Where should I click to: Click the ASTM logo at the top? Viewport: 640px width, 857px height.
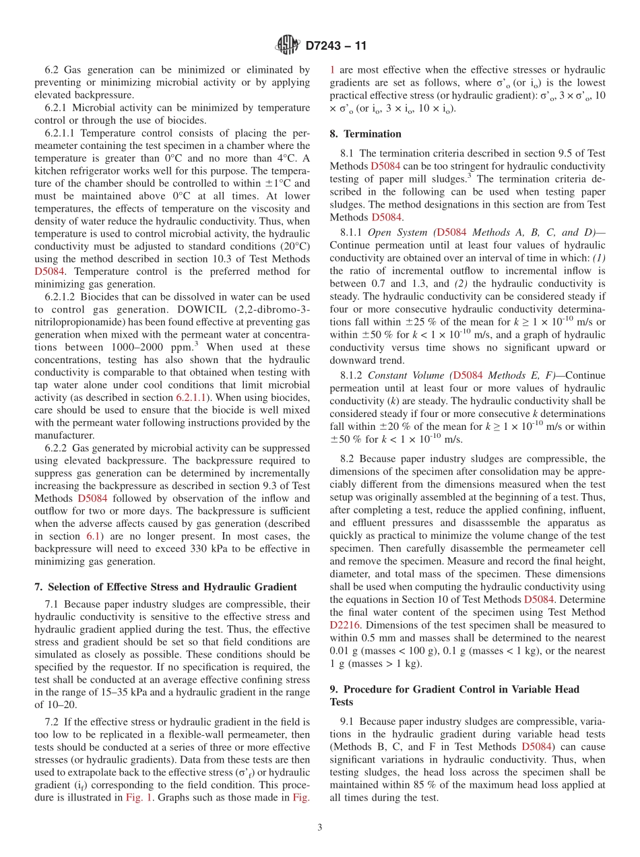[288, 46]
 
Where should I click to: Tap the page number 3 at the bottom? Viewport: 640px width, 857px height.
[320, 827]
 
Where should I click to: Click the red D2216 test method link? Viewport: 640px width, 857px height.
[345, 625]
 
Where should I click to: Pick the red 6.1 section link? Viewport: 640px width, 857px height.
[94, 536]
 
